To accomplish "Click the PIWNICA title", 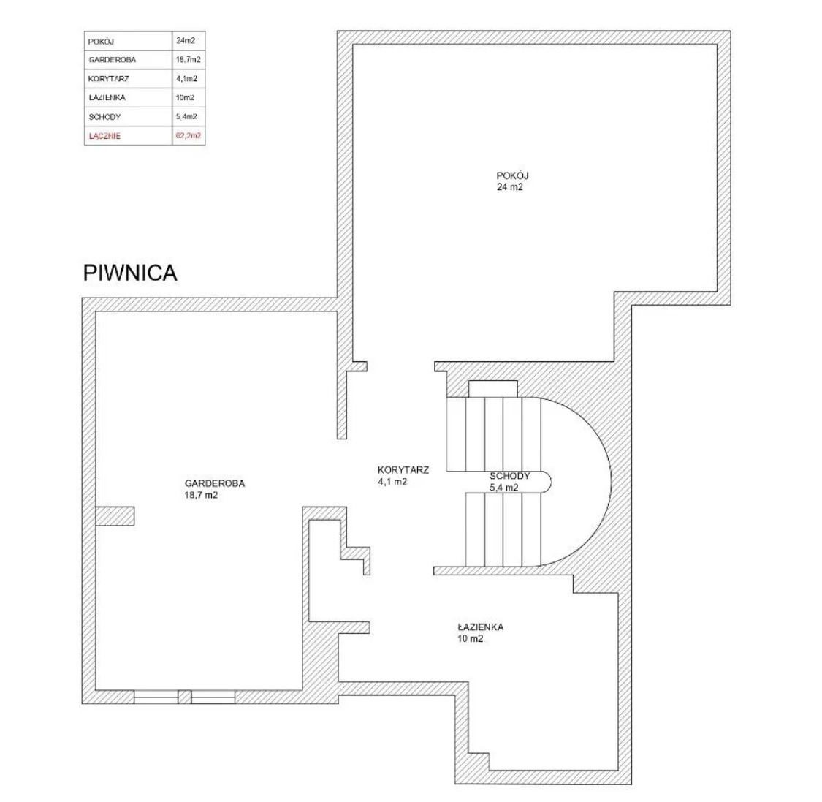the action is pos(130,273).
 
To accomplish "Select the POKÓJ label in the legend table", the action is pos(101,42).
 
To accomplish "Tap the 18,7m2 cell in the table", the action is pos(189,60).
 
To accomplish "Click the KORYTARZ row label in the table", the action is pos(109,79).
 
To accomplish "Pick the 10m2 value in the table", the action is pos(185,97).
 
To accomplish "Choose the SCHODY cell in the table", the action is pos(104,117).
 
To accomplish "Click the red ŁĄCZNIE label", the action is pos(104,136).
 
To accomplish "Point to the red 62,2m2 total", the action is pos(189,136).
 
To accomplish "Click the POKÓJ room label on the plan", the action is pos(512,175).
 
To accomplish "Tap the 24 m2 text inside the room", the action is pos(509,187).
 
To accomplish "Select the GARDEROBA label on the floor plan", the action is pos(214,484).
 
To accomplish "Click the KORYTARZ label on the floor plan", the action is pos(403,470).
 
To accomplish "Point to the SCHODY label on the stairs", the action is pos(509,476).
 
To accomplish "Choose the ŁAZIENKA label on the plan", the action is pos(480,627).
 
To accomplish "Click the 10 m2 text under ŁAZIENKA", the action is pos(471,639).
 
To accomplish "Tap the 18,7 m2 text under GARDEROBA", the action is pos(201,495).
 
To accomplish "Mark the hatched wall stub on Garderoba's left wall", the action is pos(114,515).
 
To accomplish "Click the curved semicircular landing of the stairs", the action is pos(611,482).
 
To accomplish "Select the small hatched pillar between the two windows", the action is pos(185,697).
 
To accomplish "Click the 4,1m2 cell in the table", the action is pos(186,79).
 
